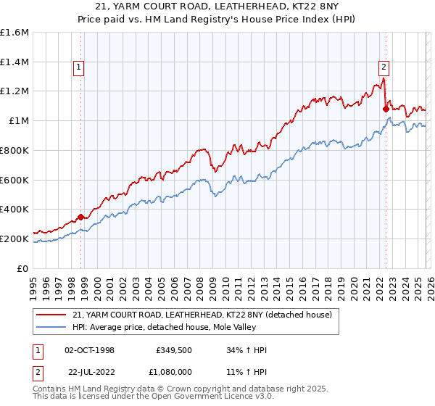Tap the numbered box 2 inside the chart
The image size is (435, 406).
coord(384,67)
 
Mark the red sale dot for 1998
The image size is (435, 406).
coord(80,217)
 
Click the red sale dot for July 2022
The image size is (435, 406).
coord(386,109)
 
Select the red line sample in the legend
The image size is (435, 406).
coord(51,315)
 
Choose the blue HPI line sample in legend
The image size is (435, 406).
coord(51,327)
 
